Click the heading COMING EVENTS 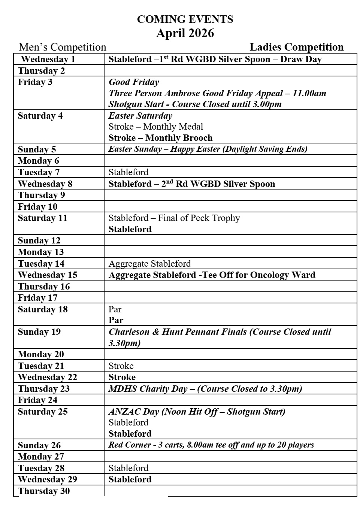(185, 19)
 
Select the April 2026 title (185, 33)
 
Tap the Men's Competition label (63, 47)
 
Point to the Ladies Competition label (296, 47)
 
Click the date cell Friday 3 (35, 82)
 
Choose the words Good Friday (134, 82)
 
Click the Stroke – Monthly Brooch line (160, 138)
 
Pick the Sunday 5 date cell (37, 149)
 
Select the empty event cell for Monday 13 (230, 252)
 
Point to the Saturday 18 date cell (43, 309)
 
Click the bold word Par (116, 320)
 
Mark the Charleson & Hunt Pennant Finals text (178, 332)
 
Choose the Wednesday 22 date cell (47, 377)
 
